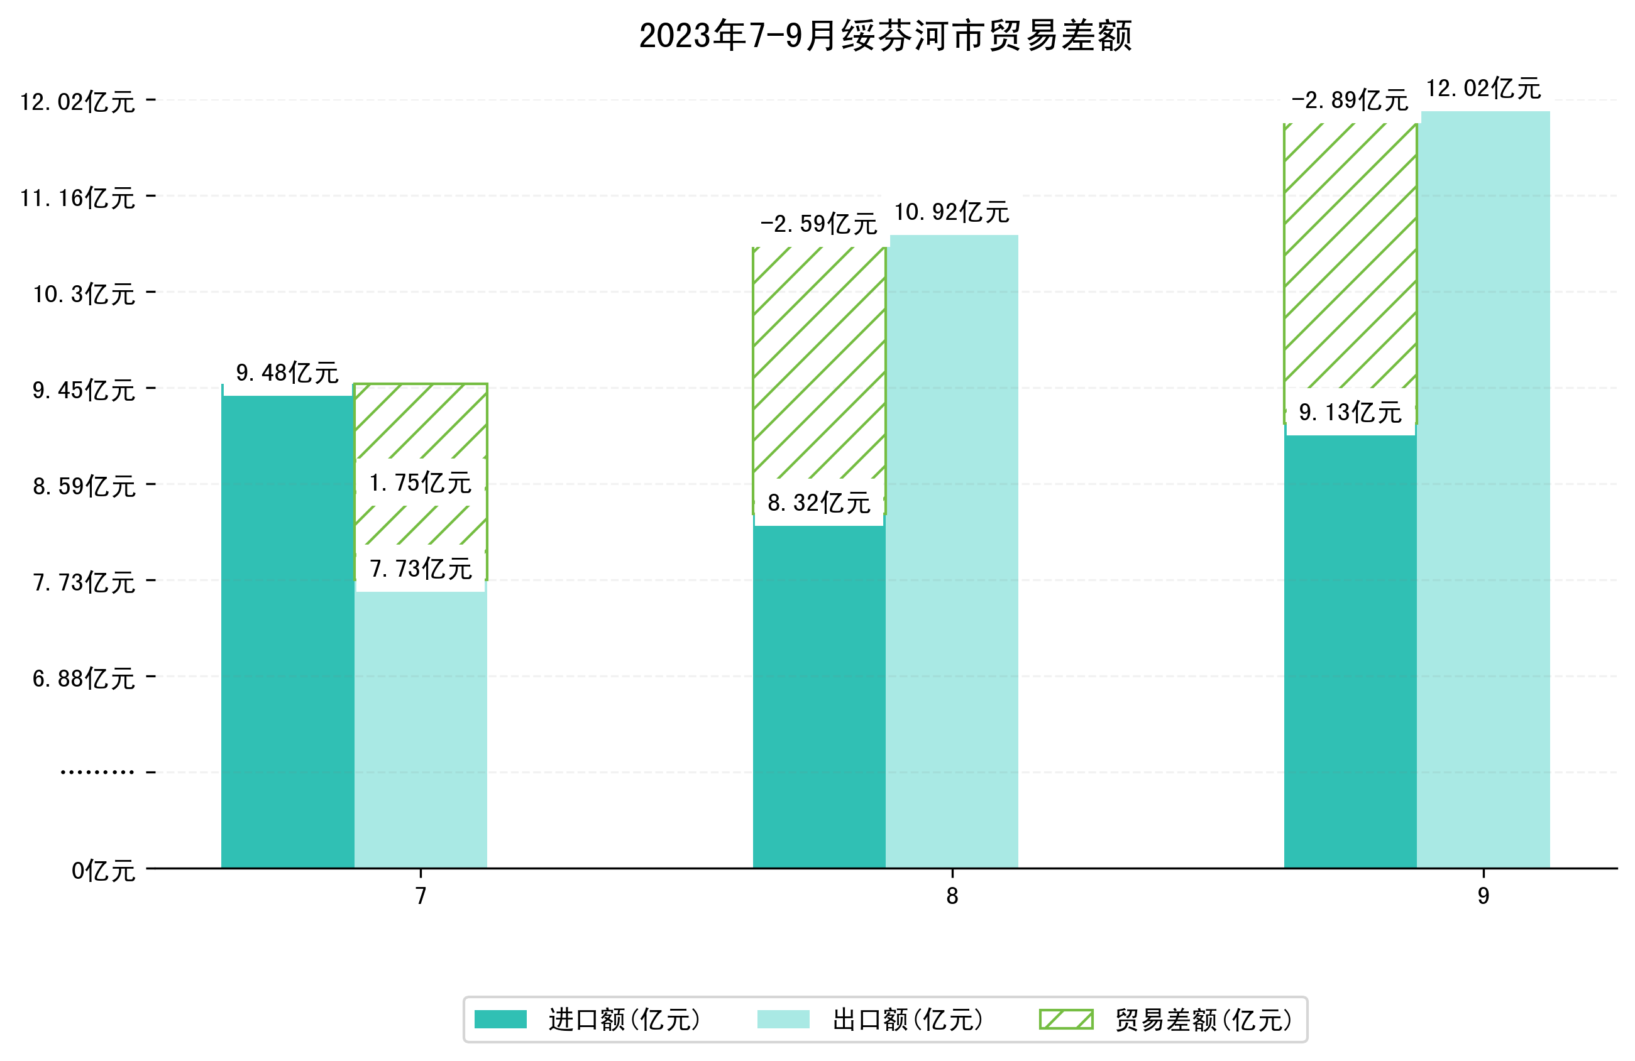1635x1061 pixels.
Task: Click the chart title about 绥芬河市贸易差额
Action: (885, 36)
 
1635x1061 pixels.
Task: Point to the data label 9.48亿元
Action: (287, 373)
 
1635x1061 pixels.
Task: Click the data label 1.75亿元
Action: (421, 483)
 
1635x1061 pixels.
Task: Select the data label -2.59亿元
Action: (818, 224)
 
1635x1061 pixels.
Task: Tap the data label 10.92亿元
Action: (952, 212)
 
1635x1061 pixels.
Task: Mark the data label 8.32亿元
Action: (818, 503)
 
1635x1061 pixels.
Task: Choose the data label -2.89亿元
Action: (1349, 101)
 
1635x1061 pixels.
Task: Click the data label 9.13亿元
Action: (1349, 412)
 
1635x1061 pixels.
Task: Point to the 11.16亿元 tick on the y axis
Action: (77, 199)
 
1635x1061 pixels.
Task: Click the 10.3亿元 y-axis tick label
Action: (84, 295)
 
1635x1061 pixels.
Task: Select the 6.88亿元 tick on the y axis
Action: (84, 679)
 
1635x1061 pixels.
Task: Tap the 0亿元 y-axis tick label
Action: (103, 871)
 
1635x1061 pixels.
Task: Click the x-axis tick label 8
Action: (952, 896)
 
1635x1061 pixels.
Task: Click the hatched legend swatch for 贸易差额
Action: (1065, 1019)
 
